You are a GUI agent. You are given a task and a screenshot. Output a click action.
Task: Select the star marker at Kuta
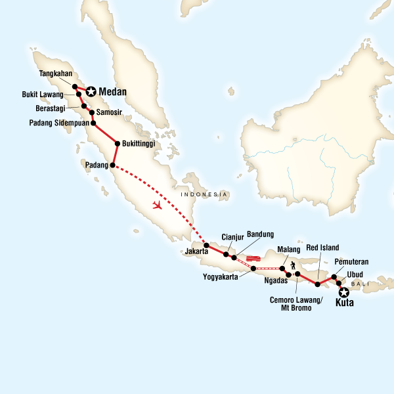click(x=343, y=292)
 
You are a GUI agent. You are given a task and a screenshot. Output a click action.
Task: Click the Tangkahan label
click(x=56, y=74)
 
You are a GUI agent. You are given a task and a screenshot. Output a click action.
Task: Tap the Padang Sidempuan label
click(x=58, y=123)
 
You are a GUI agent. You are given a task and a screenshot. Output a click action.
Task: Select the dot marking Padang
click(x=113, y=165)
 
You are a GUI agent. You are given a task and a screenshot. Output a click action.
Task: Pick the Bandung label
click(x=261, y=234)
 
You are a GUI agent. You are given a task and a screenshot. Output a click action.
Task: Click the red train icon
click(x=253, y=258)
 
